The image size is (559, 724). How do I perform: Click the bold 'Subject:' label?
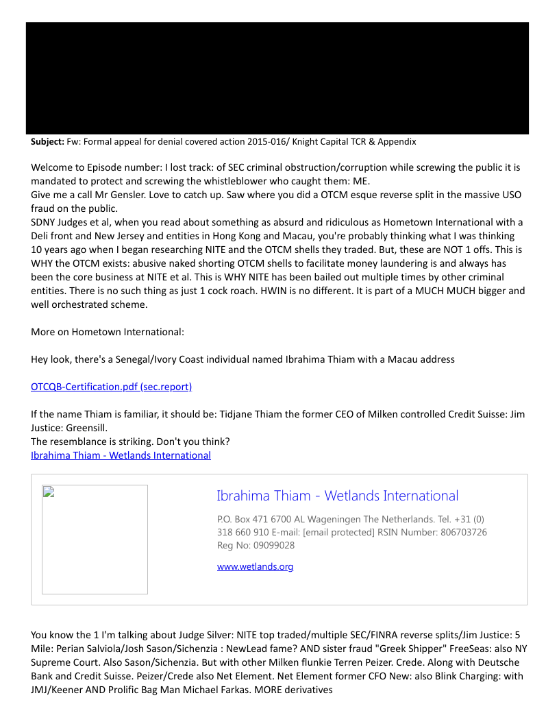(x=47, y=142)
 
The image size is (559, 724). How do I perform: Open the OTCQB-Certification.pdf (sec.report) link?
(x=111, y=387)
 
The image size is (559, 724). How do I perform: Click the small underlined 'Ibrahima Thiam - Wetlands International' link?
(x=121, y=455)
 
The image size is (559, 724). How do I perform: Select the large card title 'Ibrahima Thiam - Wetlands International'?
(x=337, y=496)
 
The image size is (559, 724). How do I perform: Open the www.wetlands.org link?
(x=255, y=566)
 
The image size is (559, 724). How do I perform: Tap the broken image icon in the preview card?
(x=48, y=492)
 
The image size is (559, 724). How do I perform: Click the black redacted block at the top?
(x=277, y=78)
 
